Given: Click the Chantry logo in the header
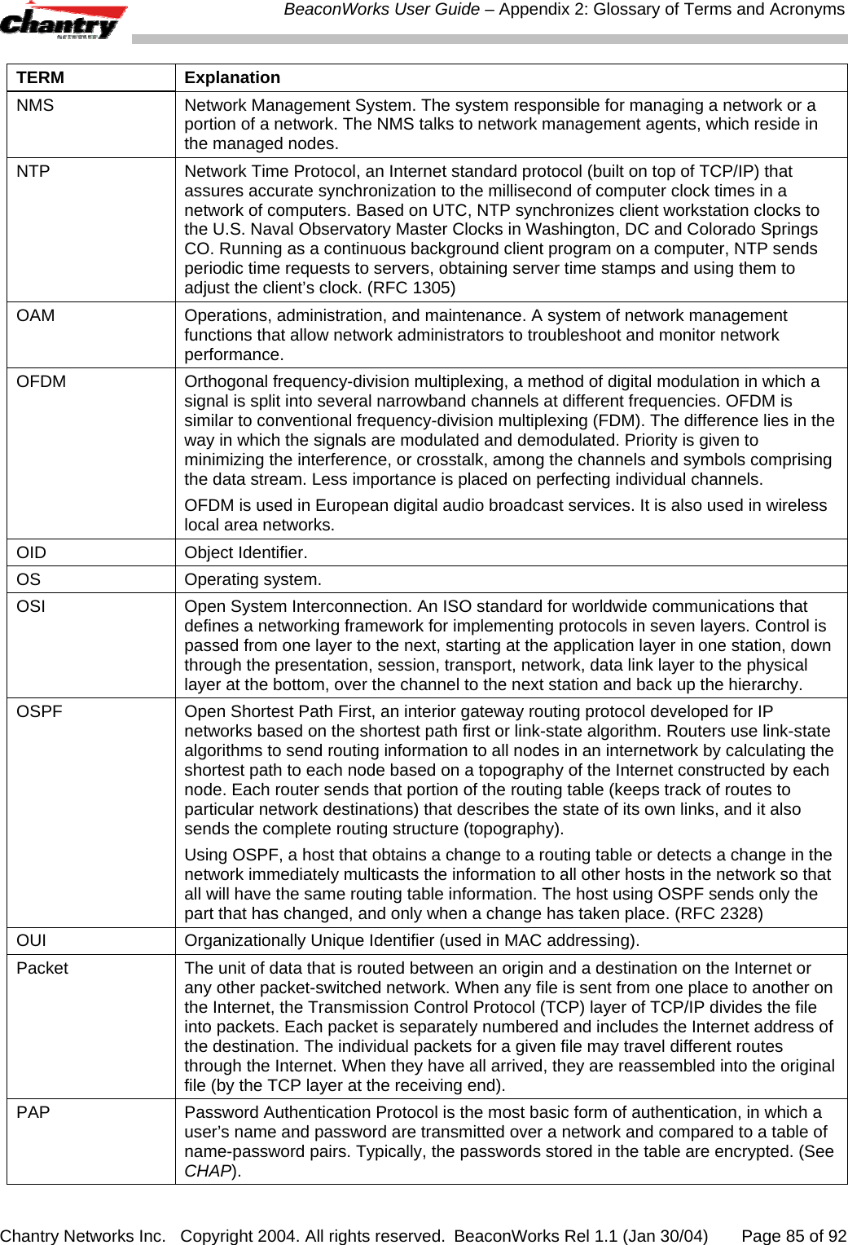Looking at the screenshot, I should [64, 22].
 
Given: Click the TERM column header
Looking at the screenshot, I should [40, 77].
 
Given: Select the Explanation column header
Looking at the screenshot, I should [232, 77].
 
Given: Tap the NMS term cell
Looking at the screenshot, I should [35, 105].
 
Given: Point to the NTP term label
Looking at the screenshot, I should [33, 171].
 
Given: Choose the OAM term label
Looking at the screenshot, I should [36, 315].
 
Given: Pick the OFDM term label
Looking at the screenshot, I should [42, 381].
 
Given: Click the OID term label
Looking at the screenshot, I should [32, 552].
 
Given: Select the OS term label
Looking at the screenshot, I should [29, 579].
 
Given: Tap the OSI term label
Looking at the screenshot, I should [31, 606].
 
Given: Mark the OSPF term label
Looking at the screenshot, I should [39, 711].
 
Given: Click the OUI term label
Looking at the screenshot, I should [32, 940].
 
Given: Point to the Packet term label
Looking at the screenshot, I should [42, 968].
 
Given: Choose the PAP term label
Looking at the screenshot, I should [33, 1112].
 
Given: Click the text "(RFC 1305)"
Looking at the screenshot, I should [412, 288].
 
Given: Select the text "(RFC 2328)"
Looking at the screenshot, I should [719, 913].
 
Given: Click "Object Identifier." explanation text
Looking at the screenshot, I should [246, 552].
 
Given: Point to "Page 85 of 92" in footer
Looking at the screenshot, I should [793, 1236].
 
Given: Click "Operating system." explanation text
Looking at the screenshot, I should [253, 579].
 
